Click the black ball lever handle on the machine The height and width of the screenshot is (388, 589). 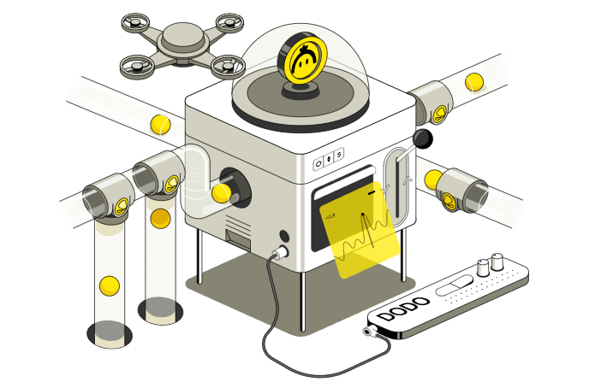423,138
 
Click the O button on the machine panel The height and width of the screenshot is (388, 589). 318,160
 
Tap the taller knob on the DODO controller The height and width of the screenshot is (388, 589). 497,261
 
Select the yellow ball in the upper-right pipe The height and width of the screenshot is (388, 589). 473,82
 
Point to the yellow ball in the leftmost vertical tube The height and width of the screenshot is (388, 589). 108,285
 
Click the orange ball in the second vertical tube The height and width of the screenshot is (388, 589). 160,217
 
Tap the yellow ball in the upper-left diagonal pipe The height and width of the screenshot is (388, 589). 159,123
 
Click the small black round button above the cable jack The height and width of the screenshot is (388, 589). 285,236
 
